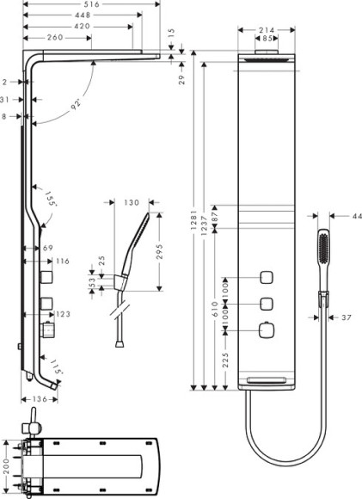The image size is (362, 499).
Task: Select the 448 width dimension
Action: (83, 15)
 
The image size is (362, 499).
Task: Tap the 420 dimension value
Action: (83, 27)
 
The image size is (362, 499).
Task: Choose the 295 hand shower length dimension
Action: (160, 251)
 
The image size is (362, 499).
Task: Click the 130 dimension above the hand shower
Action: (131, 203)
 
